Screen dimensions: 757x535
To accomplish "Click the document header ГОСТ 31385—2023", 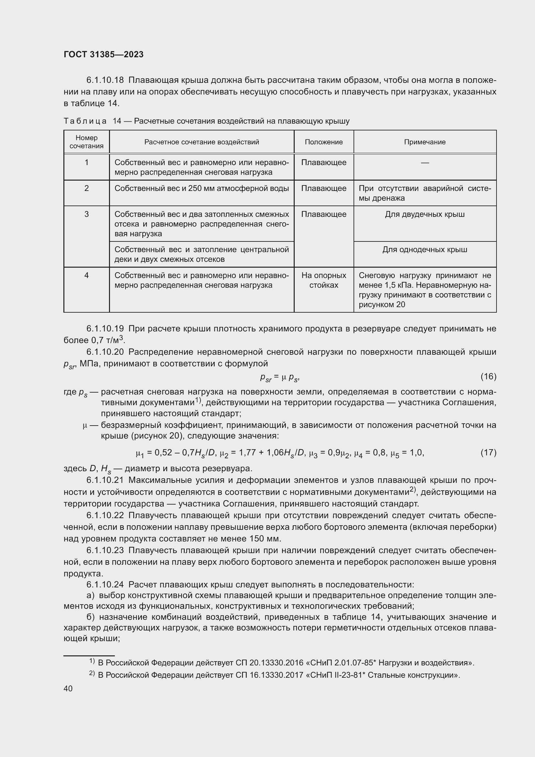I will click(x=104, y=54).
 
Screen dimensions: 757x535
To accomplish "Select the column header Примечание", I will click(x=425, y=142).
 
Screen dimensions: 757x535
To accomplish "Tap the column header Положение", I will click(x=323, y=142).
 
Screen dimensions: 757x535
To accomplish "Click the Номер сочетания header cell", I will click(x=86, y=142).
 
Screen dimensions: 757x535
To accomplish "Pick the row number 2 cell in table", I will click(x=86, y=188).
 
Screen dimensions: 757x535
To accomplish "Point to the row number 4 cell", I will click(x=86, y=275).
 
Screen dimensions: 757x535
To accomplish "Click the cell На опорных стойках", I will click(x=323, y=280).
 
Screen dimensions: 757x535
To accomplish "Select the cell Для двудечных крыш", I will click(x=425, y=214).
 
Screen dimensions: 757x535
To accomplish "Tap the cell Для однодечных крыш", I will click(x=425, y=250).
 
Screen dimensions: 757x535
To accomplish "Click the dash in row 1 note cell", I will click(x=425, y=162).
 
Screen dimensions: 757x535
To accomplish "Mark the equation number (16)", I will click(x=488, y=376).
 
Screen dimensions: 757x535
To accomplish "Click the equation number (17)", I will click(x=488, y=452).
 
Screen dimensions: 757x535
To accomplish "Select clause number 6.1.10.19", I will click(x=105, y=329).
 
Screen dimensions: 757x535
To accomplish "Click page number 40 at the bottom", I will click(x=68, y=688).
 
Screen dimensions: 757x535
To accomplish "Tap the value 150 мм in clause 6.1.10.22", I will click(x=264, y=539).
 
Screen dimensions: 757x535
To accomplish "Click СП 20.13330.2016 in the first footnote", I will click(x=270, y=663).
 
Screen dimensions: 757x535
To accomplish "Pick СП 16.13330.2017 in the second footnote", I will click(x=270, y=675).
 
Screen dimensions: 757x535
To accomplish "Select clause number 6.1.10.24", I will click(x=105, y=584).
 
